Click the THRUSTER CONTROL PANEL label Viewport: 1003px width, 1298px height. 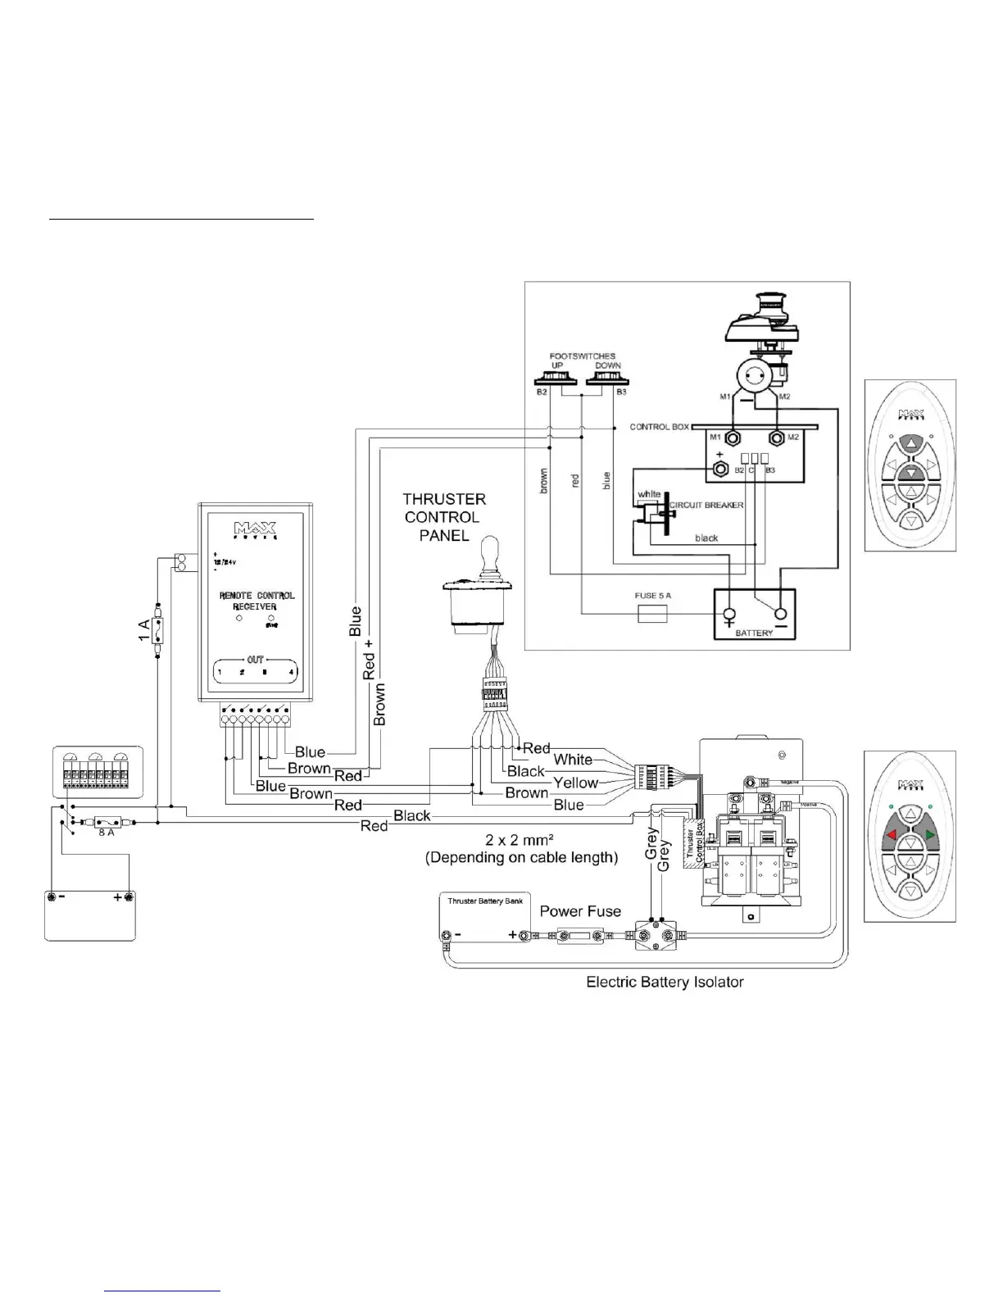(x=444, y=517)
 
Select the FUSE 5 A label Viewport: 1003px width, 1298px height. (x=652, y=595)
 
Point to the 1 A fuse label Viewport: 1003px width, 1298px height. (x=144, y=630)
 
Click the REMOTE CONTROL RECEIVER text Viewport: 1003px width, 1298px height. (x=256, y=601)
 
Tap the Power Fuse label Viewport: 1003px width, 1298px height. (x=580, y=911)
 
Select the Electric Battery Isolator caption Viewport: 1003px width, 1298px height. (x=665, y=982)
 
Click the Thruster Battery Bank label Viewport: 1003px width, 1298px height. (x=485, y=901)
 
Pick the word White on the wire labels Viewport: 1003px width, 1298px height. (x=573, y=760)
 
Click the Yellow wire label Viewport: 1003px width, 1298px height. (x=575, y=783)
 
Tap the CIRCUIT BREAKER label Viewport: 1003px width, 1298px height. (x=707, y=505)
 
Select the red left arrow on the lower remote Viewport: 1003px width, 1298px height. (x=892, y=837)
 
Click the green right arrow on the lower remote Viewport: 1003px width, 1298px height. (x=929, y=836)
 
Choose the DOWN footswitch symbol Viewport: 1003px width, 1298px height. (x=607, y=379)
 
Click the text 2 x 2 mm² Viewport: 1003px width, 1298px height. (x=521, y=840)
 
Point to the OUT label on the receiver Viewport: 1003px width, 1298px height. (x=256, y=660)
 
